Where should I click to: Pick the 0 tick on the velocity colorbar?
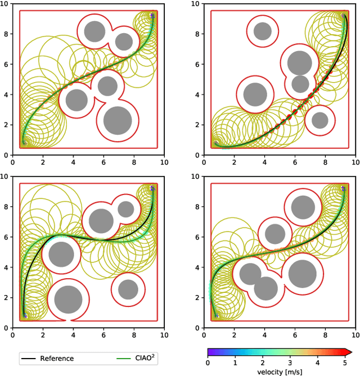point(208,363)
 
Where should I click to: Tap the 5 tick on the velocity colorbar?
point(344,363)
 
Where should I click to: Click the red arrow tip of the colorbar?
point(348,352)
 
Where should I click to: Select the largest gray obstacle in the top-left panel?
point(118,119)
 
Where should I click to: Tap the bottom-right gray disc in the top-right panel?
point(320,120)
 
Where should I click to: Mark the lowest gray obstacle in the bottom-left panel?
point(68,299)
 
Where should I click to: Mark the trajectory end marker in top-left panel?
point(152,16)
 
